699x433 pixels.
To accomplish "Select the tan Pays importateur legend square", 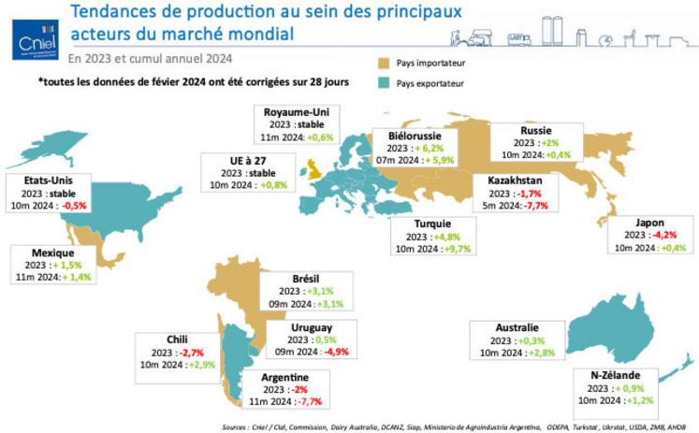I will [x=382, y=64].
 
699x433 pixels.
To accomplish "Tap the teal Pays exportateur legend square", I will [x=382, y=84].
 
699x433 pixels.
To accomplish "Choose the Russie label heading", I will [x=536, y=130].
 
